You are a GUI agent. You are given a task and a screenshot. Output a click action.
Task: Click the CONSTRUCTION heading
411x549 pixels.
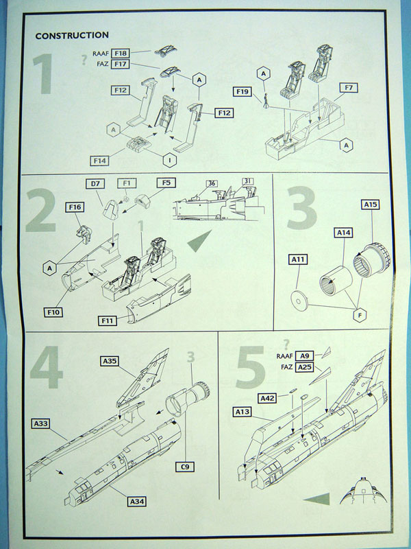pos(72,36)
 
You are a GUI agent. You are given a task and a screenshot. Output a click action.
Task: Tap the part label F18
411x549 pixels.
pos(121,54)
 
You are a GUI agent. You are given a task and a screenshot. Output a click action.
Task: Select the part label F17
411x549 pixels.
pos(121,64)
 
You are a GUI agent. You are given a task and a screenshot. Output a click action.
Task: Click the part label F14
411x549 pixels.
pos(99,161)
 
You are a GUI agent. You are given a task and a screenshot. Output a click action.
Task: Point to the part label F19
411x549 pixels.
pos(242,92)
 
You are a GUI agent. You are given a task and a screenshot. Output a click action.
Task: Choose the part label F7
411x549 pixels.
pos(349,88)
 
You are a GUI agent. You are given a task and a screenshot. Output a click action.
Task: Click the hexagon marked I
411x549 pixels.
pos(170,161)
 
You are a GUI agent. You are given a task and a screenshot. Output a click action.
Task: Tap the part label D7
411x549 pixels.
pos(95,183)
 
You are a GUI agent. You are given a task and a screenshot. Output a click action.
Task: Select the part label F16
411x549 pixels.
pos(75,207)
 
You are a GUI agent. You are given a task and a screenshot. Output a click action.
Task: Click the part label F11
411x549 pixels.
pos(108,320)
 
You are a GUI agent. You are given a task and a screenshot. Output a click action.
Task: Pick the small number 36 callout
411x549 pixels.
pos(212,183)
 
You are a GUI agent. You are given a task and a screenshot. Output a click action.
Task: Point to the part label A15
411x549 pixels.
pos(371,205)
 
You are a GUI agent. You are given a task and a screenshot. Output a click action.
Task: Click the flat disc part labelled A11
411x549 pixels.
pos(299,301)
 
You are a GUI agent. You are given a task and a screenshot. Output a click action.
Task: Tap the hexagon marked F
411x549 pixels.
pos(360,315)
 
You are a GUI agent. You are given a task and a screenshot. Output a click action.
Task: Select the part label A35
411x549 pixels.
pos(110,361)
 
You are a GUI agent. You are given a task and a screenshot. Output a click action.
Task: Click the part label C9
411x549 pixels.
pos(184,467)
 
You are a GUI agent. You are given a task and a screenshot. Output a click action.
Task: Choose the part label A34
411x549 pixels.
pos(137,502)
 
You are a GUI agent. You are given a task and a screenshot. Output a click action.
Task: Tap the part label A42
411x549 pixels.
pos(268,398)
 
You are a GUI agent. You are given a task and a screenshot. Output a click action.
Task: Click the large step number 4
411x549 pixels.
pos(47,367)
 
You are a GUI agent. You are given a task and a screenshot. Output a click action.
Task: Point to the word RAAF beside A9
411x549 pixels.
pos(284,356)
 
